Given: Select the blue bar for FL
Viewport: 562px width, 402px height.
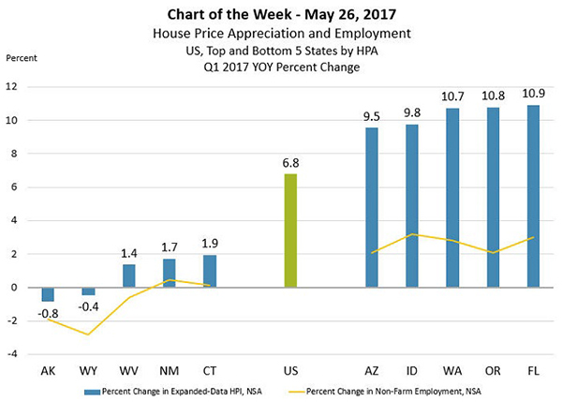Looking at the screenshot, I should [534, 196].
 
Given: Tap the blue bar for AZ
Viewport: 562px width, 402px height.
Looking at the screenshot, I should [372, 207].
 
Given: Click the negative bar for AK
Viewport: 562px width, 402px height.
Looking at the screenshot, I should [48, 293].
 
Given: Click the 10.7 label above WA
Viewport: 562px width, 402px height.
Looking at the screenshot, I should [453, 96].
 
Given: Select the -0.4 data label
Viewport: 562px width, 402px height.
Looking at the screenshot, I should [89, 307].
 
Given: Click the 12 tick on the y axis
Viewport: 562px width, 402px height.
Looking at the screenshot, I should [14, 87].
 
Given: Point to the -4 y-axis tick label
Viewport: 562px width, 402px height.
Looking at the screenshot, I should [14, 354].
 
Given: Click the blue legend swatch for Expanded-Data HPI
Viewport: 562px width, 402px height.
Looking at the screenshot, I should [92, 390].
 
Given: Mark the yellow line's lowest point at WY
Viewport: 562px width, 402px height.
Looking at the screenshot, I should [89, 335].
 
